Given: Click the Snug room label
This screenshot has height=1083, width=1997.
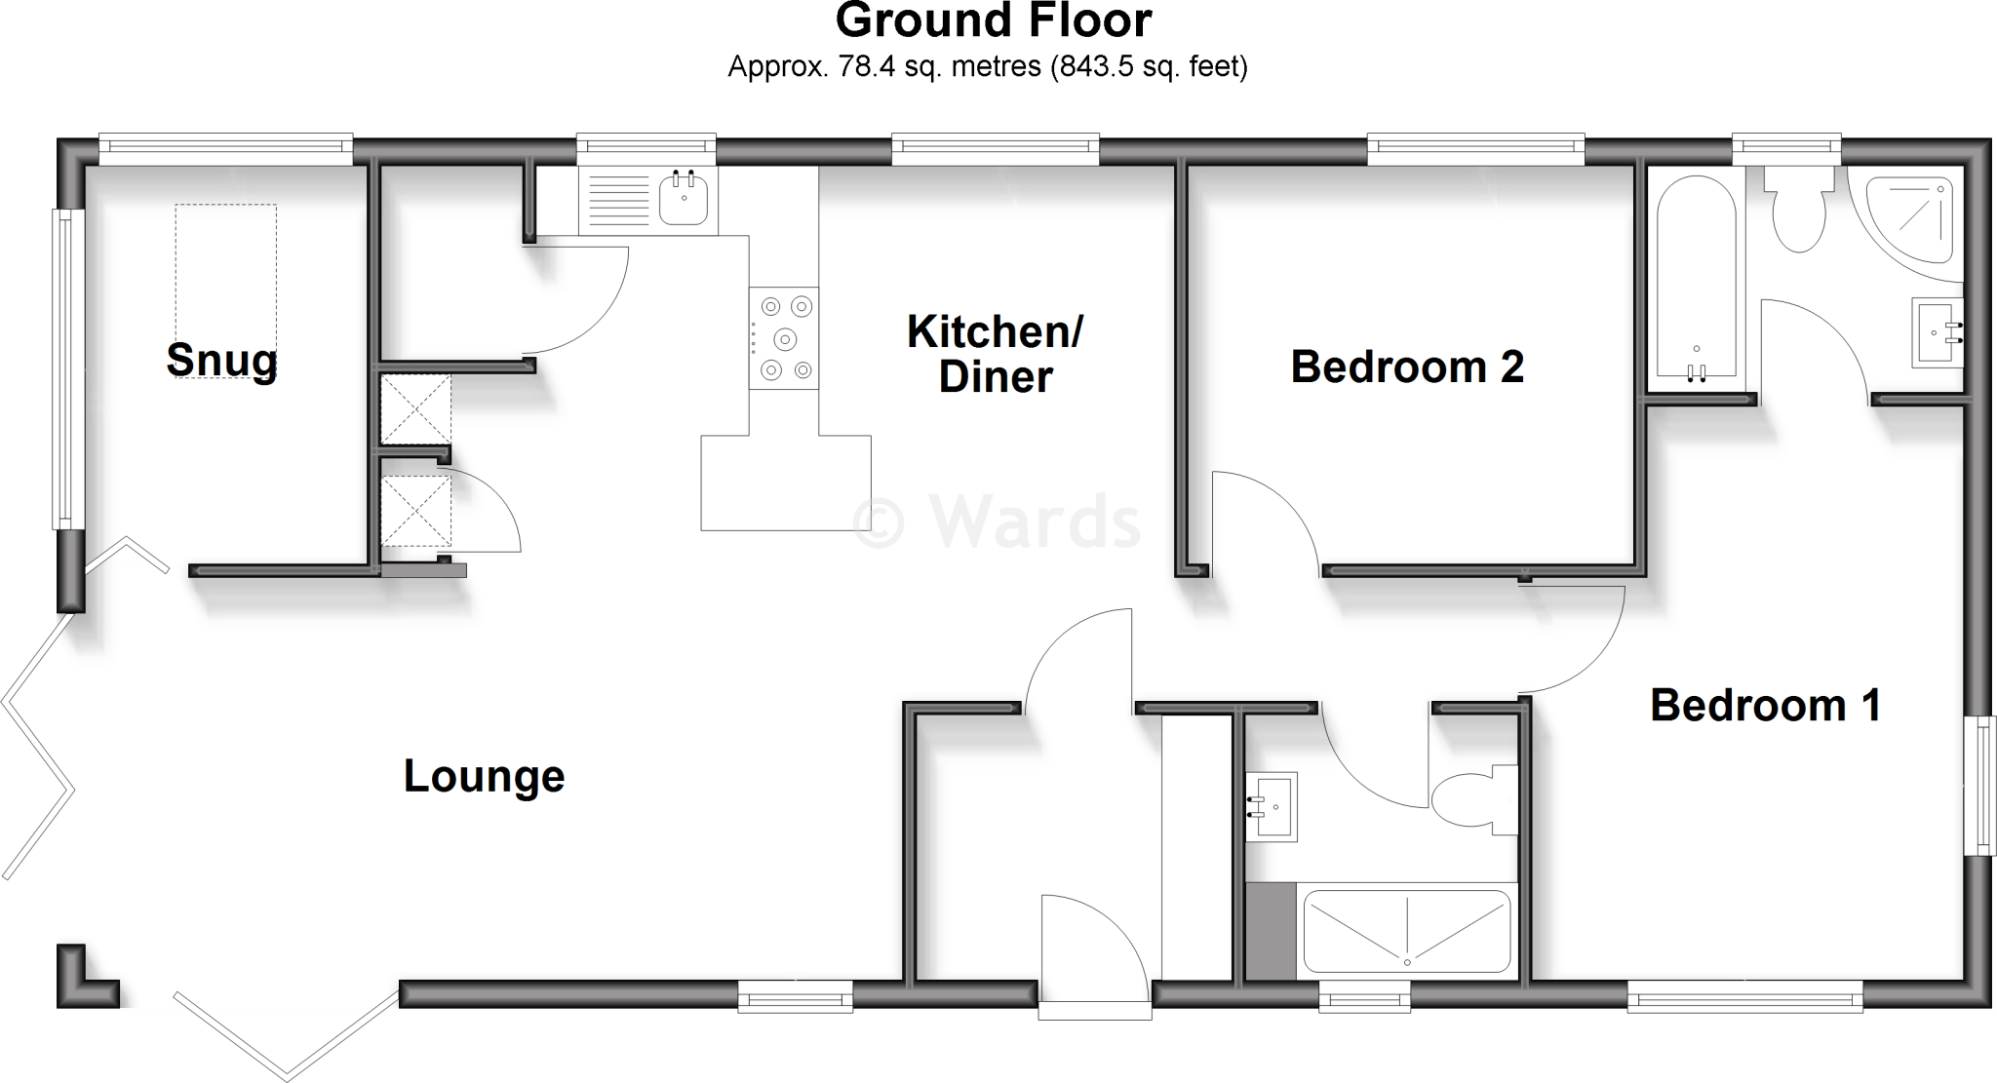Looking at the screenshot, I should pos(222,360).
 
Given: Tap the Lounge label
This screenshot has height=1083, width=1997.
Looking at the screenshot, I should pos(484,777).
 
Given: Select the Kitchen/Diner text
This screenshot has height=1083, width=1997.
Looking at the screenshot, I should pos(995,354).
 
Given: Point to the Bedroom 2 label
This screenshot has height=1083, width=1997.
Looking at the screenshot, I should pos(1406,367).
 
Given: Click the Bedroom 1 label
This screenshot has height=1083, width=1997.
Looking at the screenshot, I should pos(1765,706).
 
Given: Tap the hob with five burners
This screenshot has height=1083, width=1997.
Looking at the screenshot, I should pos(784,338).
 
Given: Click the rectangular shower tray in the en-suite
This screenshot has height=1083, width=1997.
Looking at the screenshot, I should pos(1406,931).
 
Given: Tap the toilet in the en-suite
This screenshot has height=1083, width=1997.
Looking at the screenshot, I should pos(1472,799).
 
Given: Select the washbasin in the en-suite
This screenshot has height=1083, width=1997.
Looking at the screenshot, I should pos(1272,806).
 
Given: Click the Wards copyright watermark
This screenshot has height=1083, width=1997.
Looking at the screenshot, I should pos(997,522).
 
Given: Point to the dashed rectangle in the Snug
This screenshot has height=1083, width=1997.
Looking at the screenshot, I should pos(225,290).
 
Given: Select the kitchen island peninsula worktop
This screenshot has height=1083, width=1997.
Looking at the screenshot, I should pos(785,483).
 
